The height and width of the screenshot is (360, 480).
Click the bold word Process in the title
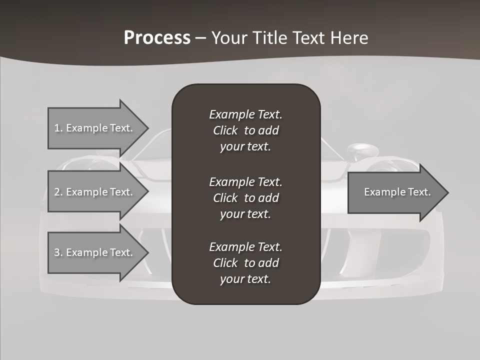tap(157, 38)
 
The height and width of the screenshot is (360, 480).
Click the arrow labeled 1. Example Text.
tap(95, 128)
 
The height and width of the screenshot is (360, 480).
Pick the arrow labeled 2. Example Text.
tap(95, 192)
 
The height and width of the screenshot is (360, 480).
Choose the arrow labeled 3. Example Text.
tap(95, 252)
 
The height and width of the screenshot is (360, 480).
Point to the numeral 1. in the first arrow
tap(58, 128)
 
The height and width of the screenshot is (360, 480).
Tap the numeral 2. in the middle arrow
tap(58, 192)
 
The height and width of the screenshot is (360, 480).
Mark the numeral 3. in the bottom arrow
tap(58, 252)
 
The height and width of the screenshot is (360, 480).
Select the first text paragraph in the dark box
tap(245, 130)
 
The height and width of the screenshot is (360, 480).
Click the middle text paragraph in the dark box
tap(245, 197)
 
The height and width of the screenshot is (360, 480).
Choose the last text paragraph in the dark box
tap(245, 263)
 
